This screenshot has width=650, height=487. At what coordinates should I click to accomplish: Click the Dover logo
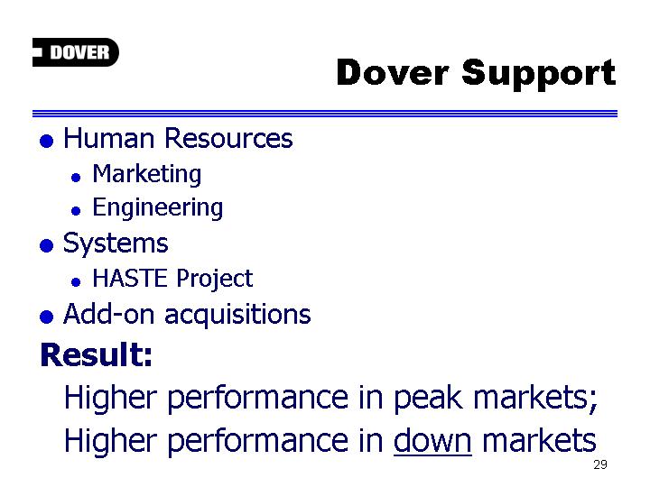(x=76, y=52)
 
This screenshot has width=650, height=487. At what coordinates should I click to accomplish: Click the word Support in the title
(x=539, y=74)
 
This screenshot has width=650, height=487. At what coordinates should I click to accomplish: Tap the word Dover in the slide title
(x=393, y=72)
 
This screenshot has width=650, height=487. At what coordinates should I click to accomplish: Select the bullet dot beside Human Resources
(x=46, y=141)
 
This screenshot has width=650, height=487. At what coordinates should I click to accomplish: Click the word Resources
(x=228, y=138)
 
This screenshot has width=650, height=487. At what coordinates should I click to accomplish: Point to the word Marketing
(x=147, y=174)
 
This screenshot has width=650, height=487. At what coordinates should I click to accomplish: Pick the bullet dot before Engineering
(x=76, y=211)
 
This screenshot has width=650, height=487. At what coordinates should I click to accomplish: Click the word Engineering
(x=157, y=208)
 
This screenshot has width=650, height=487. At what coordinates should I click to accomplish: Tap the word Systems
(x=116, y=243)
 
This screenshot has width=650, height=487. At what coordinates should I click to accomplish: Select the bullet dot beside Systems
(x=46, y=245)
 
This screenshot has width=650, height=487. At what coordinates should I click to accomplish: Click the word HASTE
(x=130, y=278)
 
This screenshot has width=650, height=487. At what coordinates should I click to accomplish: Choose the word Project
(x=215, y=279)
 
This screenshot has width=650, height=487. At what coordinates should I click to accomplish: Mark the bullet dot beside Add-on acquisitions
(x=46, y=317)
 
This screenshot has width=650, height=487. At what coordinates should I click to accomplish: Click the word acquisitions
(x=237, y=315)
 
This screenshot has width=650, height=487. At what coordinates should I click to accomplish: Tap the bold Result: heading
(x=97, y=355)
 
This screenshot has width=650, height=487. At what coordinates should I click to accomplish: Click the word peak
(x=428, y=399)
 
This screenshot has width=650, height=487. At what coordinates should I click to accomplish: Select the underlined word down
(x=432, y=441)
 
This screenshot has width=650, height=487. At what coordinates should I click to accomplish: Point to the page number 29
(x=600, y=464)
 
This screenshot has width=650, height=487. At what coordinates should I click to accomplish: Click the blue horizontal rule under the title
(x=325, y=114)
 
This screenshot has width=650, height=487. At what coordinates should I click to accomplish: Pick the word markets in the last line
(x=539, y=441)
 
